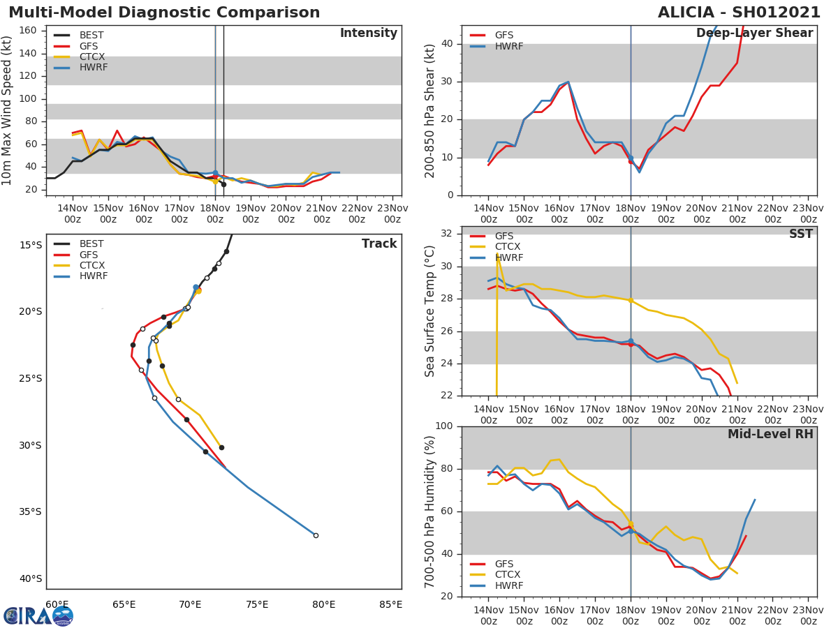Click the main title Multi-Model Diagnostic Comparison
click(x=164, y=13)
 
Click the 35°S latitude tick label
click(x=30, y=511)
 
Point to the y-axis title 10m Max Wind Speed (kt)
click(x=8, y=110)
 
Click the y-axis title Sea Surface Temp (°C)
click(x=430, y=311)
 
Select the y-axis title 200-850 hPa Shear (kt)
click(x=430, y=110)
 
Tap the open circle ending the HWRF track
click(x=316, y=535)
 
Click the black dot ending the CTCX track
click(x=221, y=447)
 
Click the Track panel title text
click(x=378, y=244)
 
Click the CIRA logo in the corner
click(x=38, y=615)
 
